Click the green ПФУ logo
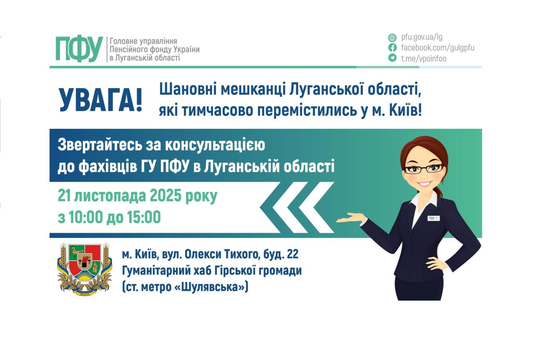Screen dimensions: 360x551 pos(79,49)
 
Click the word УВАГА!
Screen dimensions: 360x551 pos(101,100)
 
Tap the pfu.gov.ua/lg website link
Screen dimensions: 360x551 pos(421,37)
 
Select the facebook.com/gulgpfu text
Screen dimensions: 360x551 pos(437,48)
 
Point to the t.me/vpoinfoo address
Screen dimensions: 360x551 pos(423,58)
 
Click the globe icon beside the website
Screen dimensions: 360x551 pos(392,38)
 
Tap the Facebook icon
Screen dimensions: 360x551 pos(392,48)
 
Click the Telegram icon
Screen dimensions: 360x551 pos(392,58)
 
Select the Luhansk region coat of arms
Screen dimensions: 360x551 pos(84,268)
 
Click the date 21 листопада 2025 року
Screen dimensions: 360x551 pos(138,196)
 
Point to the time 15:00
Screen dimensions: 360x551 pos(144,217)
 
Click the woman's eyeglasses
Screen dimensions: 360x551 pos(423,168)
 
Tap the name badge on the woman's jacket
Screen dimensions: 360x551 pos(433,218)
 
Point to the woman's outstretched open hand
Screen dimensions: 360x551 pos(351,218)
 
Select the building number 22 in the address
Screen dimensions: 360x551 pos(292,254)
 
